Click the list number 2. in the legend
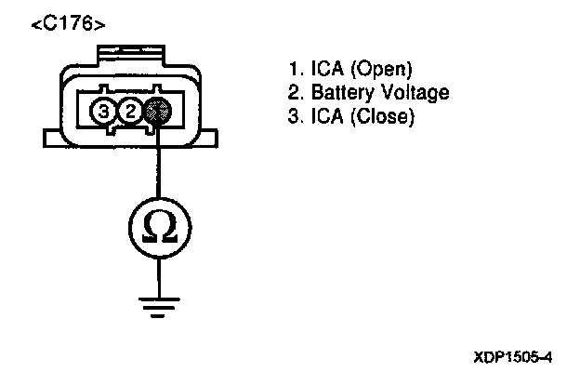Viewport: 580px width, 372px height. coord(297,93)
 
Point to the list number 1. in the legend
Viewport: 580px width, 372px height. coord(297,70)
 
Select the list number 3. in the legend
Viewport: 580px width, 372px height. coord(297,117)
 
